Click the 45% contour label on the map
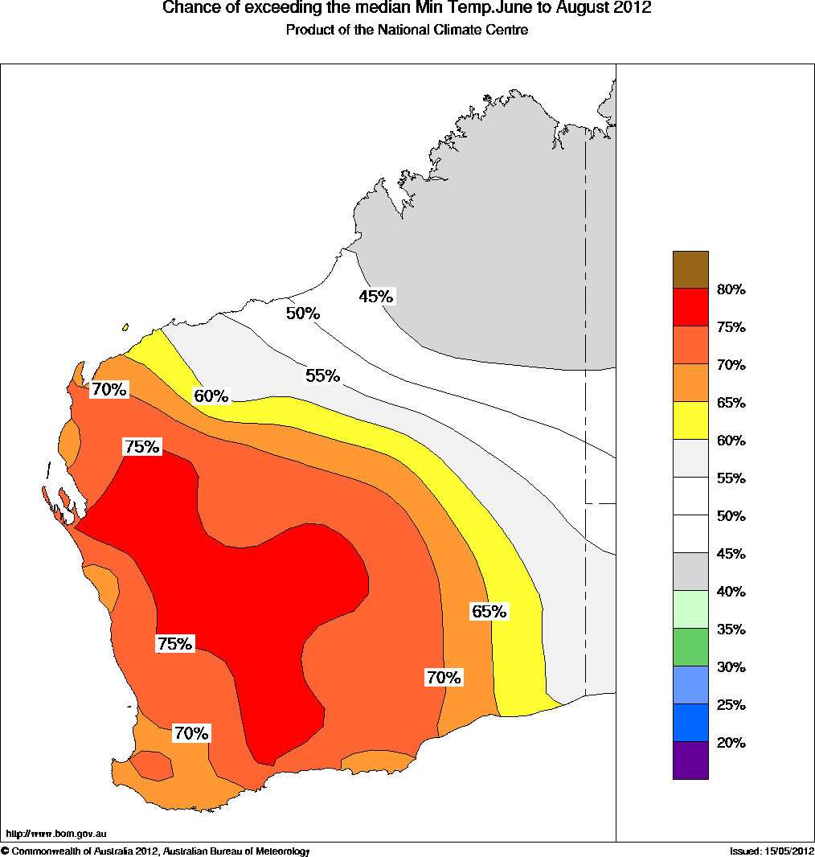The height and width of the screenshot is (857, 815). click(x=376, y=297)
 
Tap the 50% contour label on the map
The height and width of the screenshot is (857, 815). click(x=303, y=314)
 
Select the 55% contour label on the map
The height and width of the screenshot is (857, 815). click(x=322, y=375)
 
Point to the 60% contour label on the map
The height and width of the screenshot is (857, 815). click(x=211, y=396)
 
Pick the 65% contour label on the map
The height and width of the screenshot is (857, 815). click(x=489, y=611)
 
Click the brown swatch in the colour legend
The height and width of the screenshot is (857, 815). click(x=690, y=270)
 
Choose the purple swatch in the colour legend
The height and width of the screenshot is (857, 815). click(x=690, y=761)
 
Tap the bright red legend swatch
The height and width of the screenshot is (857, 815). click(x=690, y=308)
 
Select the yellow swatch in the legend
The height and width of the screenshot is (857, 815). click(x=690, y=420)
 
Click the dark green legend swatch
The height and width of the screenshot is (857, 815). click(x=690, y=647)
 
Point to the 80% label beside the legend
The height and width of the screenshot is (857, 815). click(x=731, y=289)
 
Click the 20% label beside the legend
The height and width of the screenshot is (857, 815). click(x=731, y=743)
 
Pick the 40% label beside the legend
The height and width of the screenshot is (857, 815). click(x=731, y=592)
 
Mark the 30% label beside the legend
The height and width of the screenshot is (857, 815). click(x=731, y=667)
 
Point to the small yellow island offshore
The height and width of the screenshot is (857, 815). click(x=125, y=327)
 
